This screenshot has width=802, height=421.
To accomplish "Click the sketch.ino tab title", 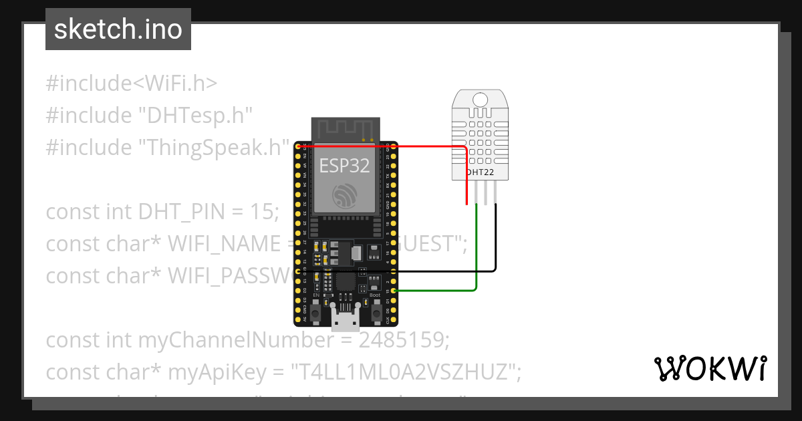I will [x=118, y=29].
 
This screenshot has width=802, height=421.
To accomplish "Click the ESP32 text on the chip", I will [x=344, y=166].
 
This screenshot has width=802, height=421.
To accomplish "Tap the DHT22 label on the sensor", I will [x=481, y=172].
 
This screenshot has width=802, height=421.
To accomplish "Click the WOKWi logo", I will [x=709, y=368].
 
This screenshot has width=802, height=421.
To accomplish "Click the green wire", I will [x=475, y=254].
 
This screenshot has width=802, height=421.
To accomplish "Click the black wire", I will [x=495, y=247].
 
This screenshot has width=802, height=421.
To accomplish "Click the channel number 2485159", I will [x=403, y=340].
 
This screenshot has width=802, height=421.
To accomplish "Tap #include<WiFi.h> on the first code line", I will [x=132, y=84].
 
